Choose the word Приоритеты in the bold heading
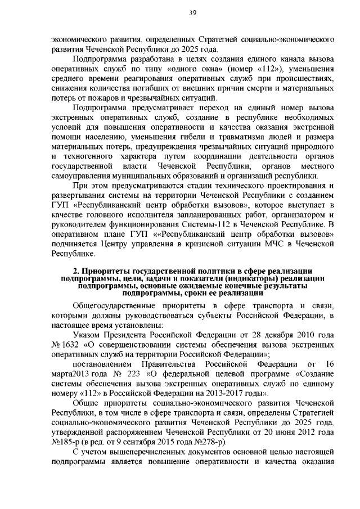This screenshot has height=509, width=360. [105, 272]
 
